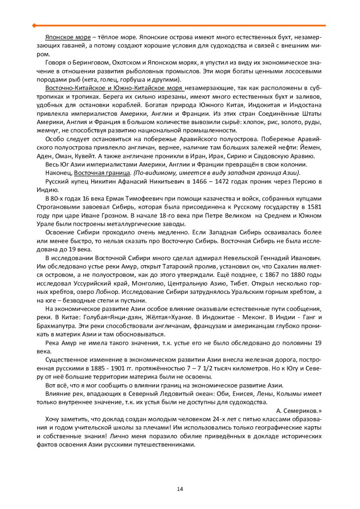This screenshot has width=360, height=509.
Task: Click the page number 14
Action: click(180, 489)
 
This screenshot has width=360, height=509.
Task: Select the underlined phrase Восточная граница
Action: click(102, 173)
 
